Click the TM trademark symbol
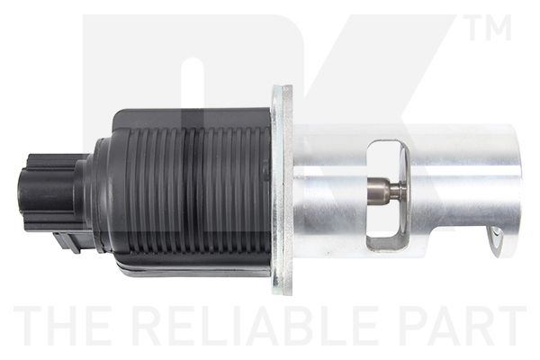pyautogui.click(x=490, y=27)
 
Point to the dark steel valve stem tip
pyautogui.click(x=380, y=190)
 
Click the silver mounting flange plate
pyautogui.click(x=282, y=190)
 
